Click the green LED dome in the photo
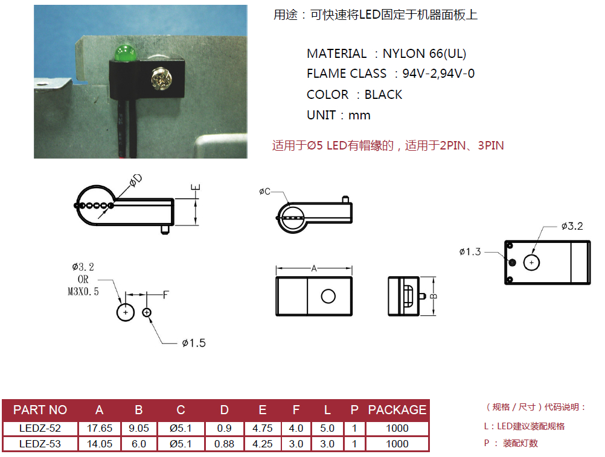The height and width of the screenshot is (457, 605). pyautogui.click(x=126, y=52)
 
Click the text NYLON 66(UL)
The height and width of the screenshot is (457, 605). pyautogui.click(x=424, y=54)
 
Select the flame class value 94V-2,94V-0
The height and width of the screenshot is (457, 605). pyautogui.click(x=438, y=74)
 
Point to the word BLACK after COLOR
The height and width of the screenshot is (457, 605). pyautogui.click(x=383, y=95)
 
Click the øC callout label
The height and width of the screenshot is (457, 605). pyautogui.click(x=265, y=192)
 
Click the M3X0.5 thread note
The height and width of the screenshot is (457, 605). pyautogui.click(x=83, y=291)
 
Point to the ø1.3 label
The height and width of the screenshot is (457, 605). pyautogui.click(x=470, y=251)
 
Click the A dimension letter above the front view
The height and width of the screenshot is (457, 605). pyautogui.click(x=314, y=269)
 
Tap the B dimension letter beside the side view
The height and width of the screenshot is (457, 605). pyautogui.click(x=434, y=296)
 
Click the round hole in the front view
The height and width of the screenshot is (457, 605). pyautogui.click(x=328, y=296)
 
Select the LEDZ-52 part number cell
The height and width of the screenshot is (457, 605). pyautogui.click(x=40, y=428)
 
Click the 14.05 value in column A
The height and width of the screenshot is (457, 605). pyautogui.click(x=100, y=444)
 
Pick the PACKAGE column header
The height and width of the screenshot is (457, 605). pyautogui.click(x=397, y=410)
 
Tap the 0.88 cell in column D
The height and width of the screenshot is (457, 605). pyautogui.click(x=225, y=444)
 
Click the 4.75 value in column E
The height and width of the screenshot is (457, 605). pyautogui.click(x=263, y=428)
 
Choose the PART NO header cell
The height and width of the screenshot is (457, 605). pyautogui.click(x=40, y=410)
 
